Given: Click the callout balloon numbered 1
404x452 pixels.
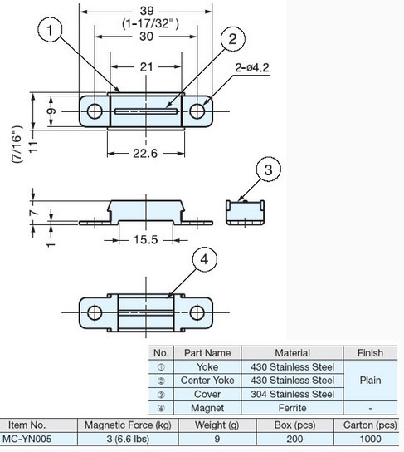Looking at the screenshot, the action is (50, 30).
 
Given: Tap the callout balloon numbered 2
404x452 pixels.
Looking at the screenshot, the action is (233, 39).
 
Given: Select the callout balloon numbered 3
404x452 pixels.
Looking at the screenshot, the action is (268, 169).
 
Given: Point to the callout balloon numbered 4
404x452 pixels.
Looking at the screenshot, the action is (204, 259).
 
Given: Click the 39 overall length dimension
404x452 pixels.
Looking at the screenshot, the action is (147, 11).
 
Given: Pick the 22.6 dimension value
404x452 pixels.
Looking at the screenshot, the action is (145, 153).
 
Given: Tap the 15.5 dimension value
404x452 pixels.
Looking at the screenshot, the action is (146, 239).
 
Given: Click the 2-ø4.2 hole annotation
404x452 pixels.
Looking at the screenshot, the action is (252, 68).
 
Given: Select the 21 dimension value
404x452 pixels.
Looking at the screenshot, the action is (146, 66).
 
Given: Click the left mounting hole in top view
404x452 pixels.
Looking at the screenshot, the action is (95, 111).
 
